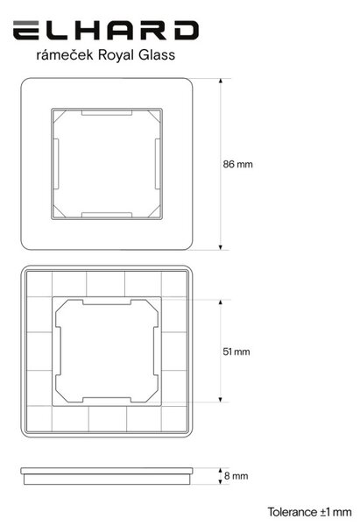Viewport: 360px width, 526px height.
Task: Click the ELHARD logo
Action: point(106,30)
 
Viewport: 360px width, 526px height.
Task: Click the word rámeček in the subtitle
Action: point(64,55)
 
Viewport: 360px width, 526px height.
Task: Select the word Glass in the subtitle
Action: point(157,55)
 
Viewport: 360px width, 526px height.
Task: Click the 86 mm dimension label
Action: point(237,165)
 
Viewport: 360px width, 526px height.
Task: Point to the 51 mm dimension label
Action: point(236,352)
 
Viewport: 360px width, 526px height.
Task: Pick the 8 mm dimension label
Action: point(236,476)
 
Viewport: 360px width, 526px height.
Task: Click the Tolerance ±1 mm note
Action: point(309,512)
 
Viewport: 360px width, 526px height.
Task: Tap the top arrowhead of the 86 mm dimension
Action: point(220,81)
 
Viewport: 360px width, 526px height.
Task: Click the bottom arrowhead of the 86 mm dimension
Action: point(220,247)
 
